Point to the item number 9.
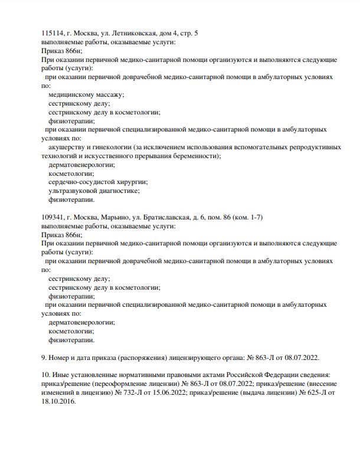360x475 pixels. coord(44,357)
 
